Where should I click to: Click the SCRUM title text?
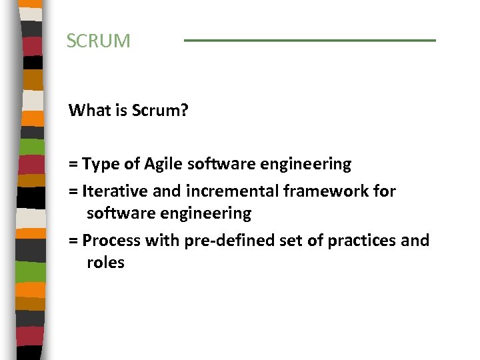coord(99,41)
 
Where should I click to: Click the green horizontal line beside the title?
coord(309,41)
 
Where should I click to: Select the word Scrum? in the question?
coord(160,110)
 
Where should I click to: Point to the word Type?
coord(99,164)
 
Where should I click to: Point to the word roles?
coord(105,263)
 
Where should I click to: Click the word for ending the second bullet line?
coord(384,192)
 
